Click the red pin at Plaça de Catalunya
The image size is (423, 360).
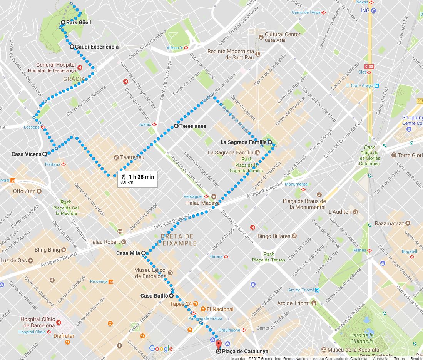pyautogui.click(x=219, y=344)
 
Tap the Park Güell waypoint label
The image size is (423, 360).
pyautogui.click(x=79, y=22)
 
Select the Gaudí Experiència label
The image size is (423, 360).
pyautogui.click(x=97, y=47)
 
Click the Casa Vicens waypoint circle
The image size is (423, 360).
pyautogui.click(x=45, y=154)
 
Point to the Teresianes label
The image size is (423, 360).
pyautogui.click(x=193, y=126)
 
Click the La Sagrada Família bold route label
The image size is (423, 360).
pyautogui.click(x=243, y=142)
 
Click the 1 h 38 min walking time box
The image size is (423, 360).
pyautogui.click(x=138, y=179)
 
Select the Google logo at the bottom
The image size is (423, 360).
pyautogui.click(x=161, y=349)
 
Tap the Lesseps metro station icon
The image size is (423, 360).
pyautogui.click(x=43, y=126)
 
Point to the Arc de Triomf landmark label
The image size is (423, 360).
pyautogui.click(x=293, y=303)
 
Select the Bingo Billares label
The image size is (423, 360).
pyautogui.click(x=274, y=236)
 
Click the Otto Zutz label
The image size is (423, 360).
pyautogui.click(x=24, y=191)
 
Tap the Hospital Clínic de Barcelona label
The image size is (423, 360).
pyautogui.click(x=37, y=322)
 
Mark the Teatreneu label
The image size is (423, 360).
pyautogui.click(x=132, y=157)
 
